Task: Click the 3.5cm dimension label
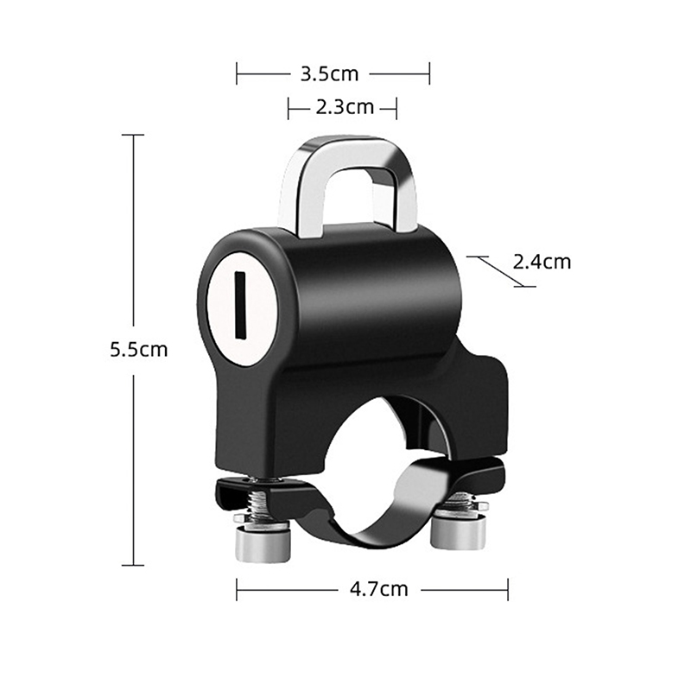pyautogui.click(x=329, y=74)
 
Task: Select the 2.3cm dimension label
pyautogui.click(x=345, y=107)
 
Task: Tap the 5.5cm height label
pyautogui.click(x=139, y=350)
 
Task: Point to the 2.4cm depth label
pyautogui.click(x=542, y=262)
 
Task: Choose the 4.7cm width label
pyautogui.click(x=379, y=589)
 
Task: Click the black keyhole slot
pyautogui.click(x=240, y=305)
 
